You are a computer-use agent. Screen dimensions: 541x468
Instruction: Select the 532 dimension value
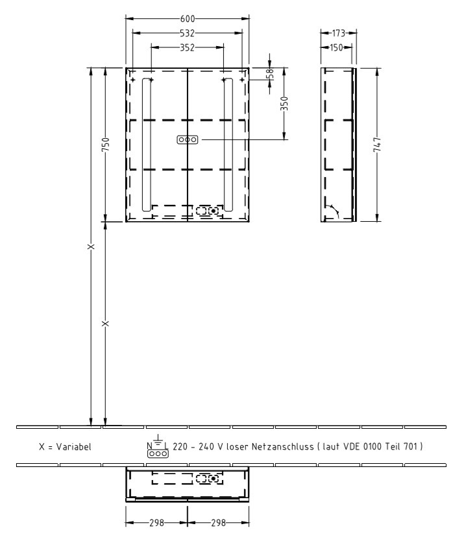pos(187,32)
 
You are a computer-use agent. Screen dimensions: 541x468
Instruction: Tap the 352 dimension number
pos(187,47)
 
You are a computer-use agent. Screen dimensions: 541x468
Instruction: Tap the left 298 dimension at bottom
pos(156,523)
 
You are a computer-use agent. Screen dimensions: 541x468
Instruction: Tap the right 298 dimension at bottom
pos(218,523)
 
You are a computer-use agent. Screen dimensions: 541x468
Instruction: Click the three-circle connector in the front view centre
pos(187,139)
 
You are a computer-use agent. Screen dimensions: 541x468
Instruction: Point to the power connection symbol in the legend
pos(157,450)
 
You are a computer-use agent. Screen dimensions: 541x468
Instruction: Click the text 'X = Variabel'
pos(65,448)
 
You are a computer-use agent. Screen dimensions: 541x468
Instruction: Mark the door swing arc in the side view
pos(332,210)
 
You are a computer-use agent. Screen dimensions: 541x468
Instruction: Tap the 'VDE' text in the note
pos(359,448)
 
